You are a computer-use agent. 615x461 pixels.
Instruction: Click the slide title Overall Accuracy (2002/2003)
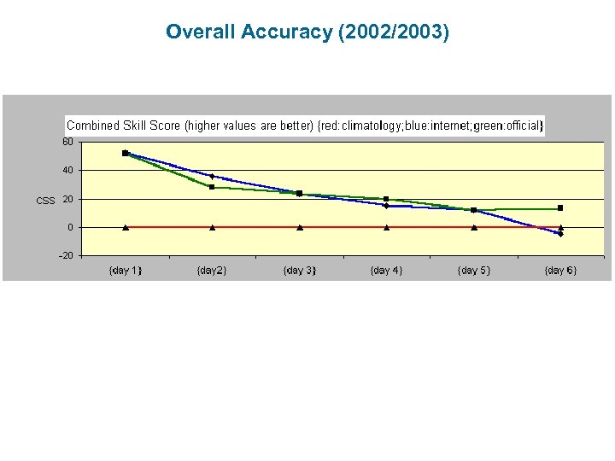point(307,32)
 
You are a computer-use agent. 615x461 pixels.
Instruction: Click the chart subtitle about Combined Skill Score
point(305,125)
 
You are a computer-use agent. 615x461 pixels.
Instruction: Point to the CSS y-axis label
point(45,201)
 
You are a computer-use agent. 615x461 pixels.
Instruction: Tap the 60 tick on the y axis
point(67,142)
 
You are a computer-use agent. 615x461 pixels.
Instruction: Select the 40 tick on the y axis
point(67,171)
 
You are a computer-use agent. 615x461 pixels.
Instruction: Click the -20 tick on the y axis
point(66,256)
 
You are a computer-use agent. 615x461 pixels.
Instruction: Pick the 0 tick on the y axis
point(70,228)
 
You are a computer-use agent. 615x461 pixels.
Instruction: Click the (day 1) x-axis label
point(125,271)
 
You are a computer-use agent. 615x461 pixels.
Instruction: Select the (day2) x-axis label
point(212,271)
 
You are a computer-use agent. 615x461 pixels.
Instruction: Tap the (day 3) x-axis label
point(299,271)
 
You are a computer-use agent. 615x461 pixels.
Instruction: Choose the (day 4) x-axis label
point(386,271)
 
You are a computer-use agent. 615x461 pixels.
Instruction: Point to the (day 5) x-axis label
point(473,271)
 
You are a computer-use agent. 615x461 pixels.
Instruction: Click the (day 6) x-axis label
point(560,271)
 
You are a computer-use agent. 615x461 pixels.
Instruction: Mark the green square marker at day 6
point(560,208)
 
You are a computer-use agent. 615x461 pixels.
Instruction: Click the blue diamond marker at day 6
point(560,233)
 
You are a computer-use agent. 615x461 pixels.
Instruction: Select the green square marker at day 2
point(212,187)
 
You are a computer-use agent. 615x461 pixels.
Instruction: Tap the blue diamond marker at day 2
point(212,176)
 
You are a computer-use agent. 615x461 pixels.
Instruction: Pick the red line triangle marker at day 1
point(126,227)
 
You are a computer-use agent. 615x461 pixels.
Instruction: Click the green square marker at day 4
point(386,199)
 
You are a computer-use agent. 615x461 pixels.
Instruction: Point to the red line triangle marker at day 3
point(299,227)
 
